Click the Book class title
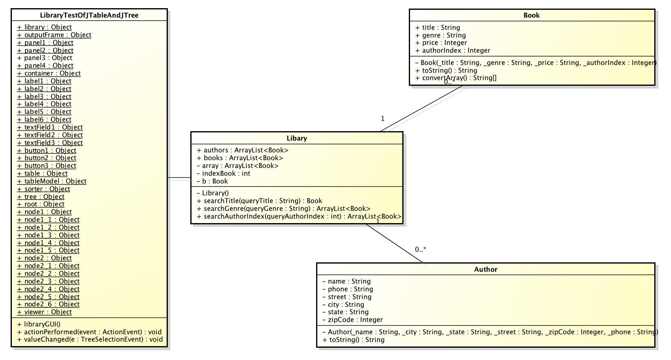(x=531, y=16)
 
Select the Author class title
(x=486, y=270)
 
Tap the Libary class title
(x=296, y=139)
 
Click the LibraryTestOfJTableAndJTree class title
(x=89, y=16)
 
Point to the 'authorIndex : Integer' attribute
(x=453, y=51)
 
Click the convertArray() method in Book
(x=456, y=78)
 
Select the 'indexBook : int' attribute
(x=223, y=174)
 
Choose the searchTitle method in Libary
(x=259, y=201)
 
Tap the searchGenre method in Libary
(x=283, y=209)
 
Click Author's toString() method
(x=353, y=340)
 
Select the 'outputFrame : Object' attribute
(x=54, y=35)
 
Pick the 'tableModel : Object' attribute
(x=52, y=181)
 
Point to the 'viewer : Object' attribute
(x=45, y=312)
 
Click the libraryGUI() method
(x=39, y=324)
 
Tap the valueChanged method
(x=90, y=340)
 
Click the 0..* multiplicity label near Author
(x=421, y=250)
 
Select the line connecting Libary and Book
(x=422, y=109)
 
